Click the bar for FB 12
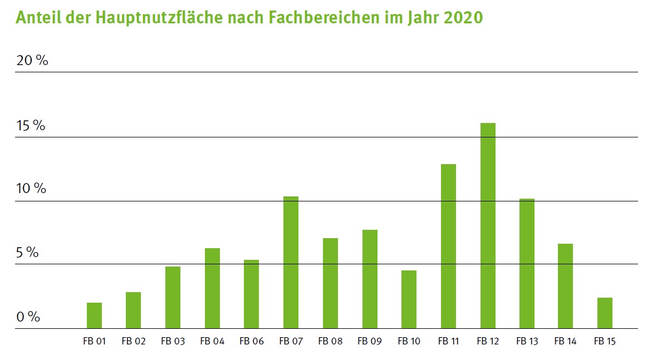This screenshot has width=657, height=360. point(488,225)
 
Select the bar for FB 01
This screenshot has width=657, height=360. point(94,315)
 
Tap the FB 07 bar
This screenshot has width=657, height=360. point(291,262)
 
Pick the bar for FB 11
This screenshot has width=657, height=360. point(448,246)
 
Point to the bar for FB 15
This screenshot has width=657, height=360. point(605,313)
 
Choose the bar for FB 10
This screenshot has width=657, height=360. point(409,299)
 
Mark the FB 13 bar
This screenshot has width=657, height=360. point(527,263)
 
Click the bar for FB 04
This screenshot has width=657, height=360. point(212,288)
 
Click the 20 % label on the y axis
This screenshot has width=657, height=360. point(32,61)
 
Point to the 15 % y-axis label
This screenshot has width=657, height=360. point(31,126)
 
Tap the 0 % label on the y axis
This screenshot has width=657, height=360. point(28,317)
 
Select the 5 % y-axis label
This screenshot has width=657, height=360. point(27,253)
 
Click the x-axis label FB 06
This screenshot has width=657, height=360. point(251,341)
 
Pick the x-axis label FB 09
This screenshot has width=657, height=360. point(369,341)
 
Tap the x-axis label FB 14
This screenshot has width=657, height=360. point(566,341)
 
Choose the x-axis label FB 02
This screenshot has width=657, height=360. point(134,341)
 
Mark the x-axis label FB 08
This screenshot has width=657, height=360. point(330,341)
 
